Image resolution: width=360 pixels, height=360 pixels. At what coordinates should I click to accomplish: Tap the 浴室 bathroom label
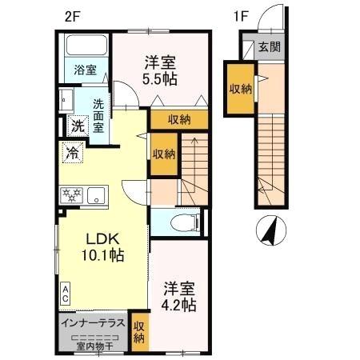point(86,70)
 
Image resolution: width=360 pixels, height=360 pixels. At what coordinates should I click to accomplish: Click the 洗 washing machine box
point(78,126)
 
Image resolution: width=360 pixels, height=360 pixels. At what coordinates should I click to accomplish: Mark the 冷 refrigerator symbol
point(72,153)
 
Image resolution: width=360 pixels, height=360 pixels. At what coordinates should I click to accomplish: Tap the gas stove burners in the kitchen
point(70,194)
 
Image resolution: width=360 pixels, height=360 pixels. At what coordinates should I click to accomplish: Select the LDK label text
point(102,240)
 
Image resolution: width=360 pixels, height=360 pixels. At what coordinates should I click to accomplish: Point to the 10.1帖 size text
point(102,257)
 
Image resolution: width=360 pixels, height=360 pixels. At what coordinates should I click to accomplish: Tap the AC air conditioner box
point(66,294)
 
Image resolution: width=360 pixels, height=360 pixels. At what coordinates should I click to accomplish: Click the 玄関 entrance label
point(269,48)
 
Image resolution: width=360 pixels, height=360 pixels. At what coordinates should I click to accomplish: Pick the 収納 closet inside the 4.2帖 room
point(139,331)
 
